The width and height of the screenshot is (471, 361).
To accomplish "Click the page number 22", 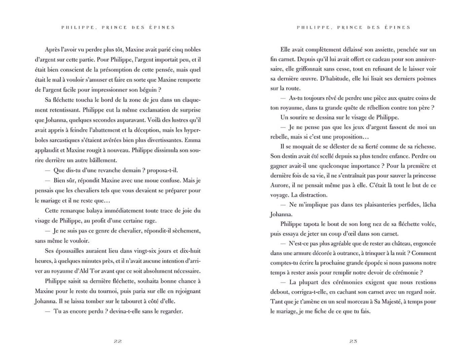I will pos(117,341).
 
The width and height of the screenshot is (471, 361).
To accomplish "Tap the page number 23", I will pos(353,341).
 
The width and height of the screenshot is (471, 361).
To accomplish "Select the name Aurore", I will pos(280,185).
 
